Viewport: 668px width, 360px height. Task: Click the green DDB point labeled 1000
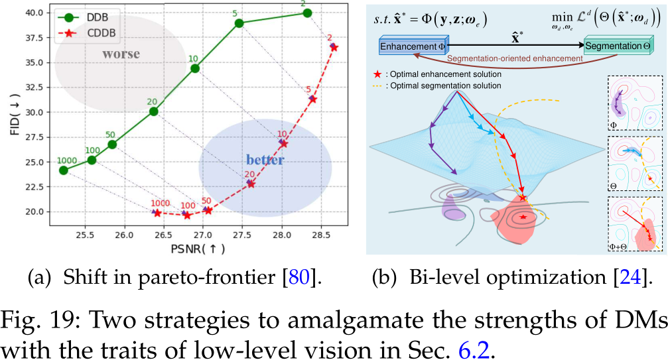click(64, 170)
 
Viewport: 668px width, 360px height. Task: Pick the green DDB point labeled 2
click(306, 13)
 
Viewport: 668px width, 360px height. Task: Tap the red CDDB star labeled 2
click(334, 47)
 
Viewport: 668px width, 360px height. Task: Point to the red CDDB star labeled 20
click(251, 184)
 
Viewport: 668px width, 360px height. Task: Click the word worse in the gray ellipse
click(121, 54)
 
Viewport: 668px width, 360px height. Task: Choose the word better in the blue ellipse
click(265, 160)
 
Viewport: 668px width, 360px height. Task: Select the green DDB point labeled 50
click(112, 145)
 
